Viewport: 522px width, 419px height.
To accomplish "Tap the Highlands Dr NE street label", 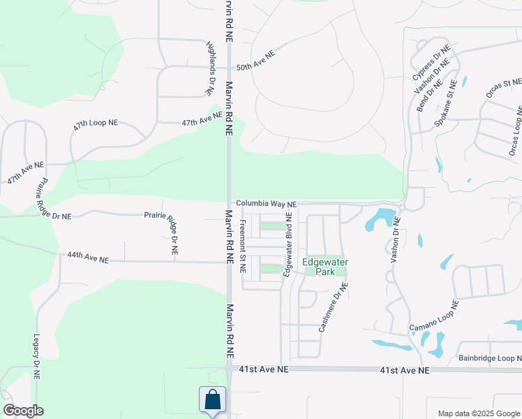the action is click(x=210, y=67).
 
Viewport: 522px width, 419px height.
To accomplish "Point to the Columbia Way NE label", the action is click(x=266, y=204).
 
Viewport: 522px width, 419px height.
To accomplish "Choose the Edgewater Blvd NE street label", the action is click(x=288, y=248).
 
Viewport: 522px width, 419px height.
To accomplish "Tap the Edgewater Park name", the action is click(x=325, y=267).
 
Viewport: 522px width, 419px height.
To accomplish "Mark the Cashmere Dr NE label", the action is click(x=333, y=307).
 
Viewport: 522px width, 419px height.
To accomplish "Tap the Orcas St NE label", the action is click(x=504, y=89).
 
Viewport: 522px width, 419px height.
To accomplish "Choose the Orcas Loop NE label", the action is click(x=515, y=132).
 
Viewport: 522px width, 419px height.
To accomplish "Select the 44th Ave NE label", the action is click(x=88, y=259).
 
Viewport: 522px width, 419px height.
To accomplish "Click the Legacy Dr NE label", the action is click(x=36, y=356).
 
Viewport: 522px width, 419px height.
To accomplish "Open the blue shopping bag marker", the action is click(x=212, y=401).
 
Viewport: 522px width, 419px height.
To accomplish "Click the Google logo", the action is click(x=23, y=411).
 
